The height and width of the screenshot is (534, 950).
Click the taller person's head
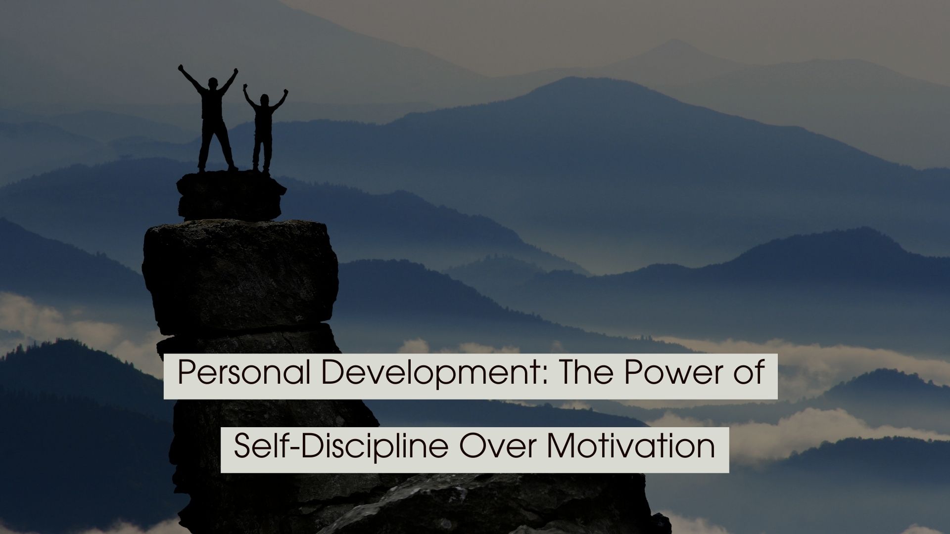point(213,83)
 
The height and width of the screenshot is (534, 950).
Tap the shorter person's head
point(264,101)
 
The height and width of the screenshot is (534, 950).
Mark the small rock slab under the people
point(231,195)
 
